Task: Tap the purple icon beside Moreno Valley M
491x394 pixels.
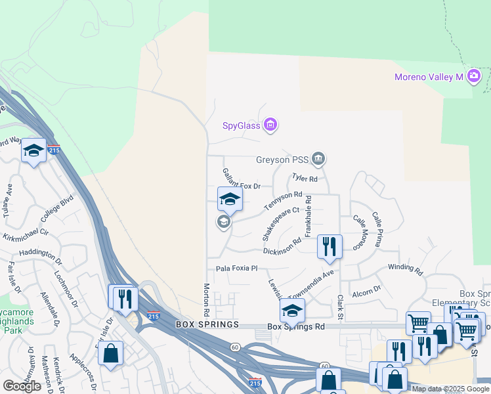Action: pyautogui.click(x=474, y=77)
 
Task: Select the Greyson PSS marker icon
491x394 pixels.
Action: pyautogui.click(x=318, y=158)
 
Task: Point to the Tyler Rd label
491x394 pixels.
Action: pyautogui.click(x=305, y=178)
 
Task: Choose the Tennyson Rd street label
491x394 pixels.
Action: pyautogui.click(x=283, y=201)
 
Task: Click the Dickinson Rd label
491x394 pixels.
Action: pyautogui.click(x=282, y=246)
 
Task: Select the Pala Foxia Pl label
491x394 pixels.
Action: pyautogui.click(x=237, y=269)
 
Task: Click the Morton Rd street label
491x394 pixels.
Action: pyautogui.click(x=206, y=297)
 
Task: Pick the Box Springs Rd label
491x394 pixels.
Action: pyautogui.click(x=296, y=326)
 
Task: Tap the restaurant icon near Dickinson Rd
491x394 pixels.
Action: pyautogui.click(x=329, y=246)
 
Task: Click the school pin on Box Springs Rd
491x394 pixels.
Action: pyautogui.click(x=292, y=310)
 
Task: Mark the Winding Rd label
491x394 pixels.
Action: pyautogui.click(x=405, y=268)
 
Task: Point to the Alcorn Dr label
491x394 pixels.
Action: pyautogui.click(x=366, y=290)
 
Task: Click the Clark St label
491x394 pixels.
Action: pyautogui.click(x=341, y=303)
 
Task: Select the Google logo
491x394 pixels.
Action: pyautogui.click(x=22, y=386)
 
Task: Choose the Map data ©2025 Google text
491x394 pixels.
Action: pyautogui.click(x=450, y=389)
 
